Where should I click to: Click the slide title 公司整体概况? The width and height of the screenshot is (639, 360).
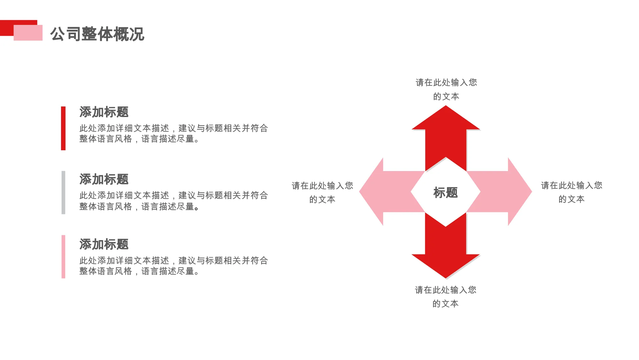point(97,34)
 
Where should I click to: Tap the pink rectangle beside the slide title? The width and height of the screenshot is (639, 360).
point(28,33)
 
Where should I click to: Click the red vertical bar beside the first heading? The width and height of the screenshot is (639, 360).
point(63,128)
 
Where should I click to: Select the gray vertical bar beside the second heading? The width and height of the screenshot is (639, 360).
point(63,192)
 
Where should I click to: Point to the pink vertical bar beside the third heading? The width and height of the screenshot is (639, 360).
point(63,257)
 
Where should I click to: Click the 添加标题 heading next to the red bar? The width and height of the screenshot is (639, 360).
point(104,112)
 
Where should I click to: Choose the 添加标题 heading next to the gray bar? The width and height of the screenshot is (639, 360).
point(104,179)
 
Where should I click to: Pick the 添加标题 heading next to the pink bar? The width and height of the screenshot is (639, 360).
point(104,244)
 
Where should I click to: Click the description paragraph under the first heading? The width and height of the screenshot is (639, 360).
point(173,133)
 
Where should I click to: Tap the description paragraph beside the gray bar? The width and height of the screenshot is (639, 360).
point(173,201)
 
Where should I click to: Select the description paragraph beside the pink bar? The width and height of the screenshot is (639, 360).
point(173,266)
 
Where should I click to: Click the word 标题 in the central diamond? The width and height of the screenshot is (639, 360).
point(446,192)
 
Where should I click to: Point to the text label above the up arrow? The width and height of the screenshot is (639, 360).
point(446,89)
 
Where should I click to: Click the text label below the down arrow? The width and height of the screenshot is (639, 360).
point(445,297)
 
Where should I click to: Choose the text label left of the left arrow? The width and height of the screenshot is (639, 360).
point(322,192)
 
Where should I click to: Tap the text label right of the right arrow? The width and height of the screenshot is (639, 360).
point(571,192)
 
